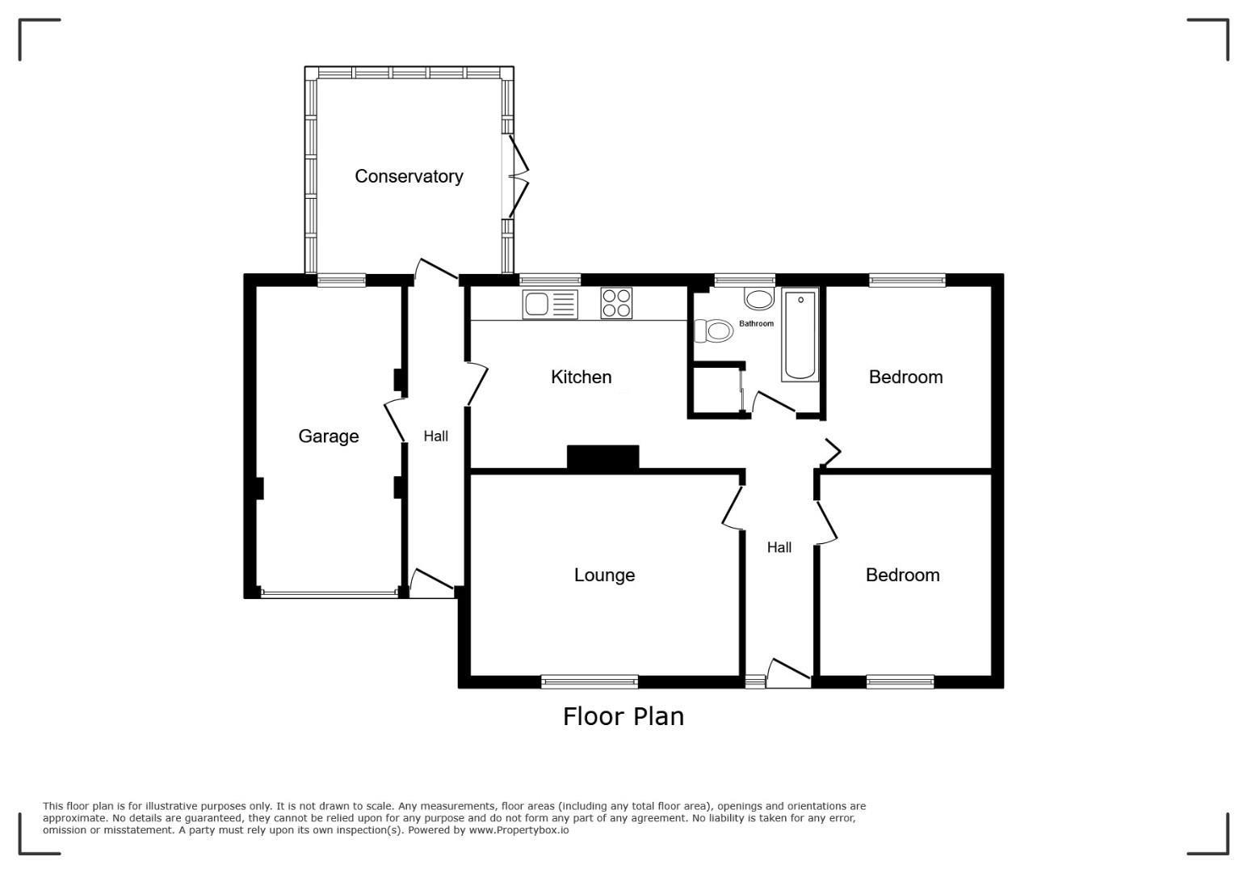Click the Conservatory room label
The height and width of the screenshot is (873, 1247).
point(409,176)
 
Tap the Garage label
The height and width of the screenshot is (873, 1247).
point(329,436)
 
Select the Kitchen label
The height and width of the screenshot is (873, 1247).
point(582,377)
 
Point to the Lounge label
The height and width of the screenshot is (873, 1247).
point(605,575)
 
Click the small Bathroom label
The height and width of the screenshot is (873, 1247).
point(756,323)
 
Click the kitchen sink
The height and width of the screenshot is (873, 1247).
point(550,304)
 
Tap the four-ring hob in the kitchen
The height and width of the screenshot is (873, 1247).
point(616,303)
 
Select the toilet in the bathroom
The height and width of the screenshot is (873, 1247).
point(713,331)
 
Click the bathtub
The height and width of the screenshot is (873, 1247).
point(800,335)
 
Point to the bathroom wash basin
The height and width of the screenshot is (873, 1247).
point(758,299)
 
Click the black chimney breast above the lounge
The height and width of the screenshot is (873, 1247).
point(603,457)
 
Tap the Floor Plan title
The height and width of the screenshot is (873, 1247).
point(623,717)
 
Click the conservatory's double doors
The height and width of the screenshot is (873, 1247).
point(517,176)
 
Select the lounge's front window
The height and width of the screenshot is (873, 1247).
point(590,681)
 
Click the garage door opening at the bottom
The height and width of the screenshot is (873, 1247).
point(330,594)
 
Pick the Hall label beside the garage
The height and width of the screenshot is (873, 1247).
point(435,436)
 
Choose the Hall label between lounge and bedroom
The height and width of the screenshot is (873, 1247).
point(779,547)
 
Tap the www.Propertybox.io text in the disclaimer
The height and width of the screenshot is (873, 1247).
point(519,830)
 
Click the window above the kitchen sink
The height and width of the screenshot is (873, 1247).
point(550,280)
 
